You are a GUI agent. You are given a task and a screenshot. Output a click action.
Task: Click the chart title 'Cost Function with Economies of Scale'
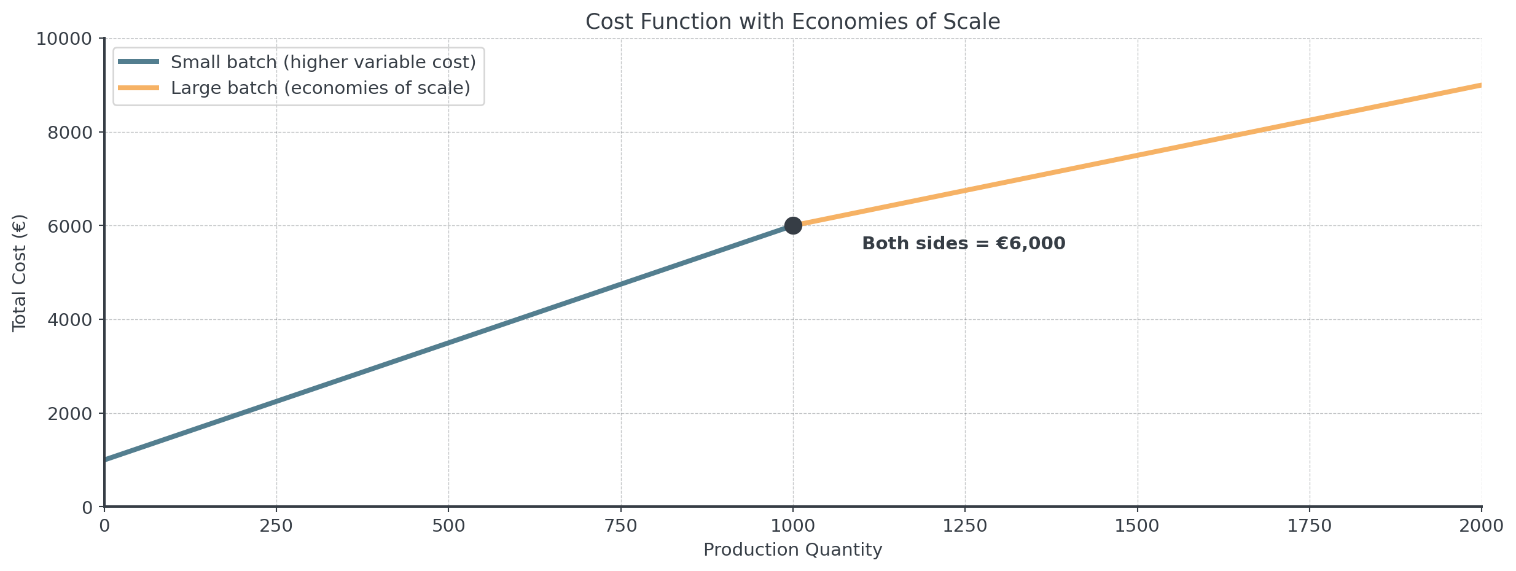coord(792,22)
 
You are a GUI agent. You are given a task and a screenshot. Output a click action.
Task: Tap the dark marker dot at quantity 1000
coord(793,226)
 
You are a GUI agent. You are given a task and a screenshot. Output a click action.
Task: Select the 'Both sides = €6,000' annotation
coord(963,244)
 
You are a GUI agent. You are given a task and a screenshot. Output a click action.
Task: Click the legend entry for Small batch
coord(323,62)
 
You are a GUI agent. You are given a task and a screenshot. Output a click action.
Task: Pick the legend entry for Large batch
coord(320,88)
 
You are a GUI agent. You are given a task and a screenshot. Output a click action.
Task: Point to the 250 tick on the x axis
coord(276,526)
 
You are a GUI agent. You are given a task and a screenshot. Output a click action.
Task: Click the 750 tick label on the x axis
coord(621,526)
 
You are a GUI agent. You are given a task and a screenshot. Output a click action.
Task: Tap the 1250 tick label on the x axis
coord(965,526)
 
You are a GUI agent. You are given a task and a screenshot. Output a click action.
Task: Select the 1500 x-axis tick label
coord(1138,526)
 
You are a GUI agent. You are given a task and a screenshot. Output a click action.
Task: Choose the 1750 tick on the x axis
coord(1310,526)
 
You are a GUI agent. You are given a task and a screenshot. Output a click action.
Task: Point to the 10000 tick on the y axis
coord(64,39)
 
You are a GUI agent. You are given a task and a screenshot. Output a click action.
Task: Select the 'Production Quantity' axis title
coord(792,550)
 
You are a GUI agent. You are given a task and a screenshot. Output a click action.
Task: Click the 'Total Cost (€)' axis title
coord(20,273)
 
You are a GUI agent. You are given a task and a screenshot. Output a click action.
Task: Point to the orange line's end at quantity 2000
coord(1481,85)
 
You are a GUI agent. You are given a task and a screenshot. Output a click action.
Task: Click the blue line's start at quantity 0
coord(106,459)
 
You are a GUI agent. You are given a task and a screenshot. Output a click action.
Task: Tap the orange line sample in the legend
coord(138,88)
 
